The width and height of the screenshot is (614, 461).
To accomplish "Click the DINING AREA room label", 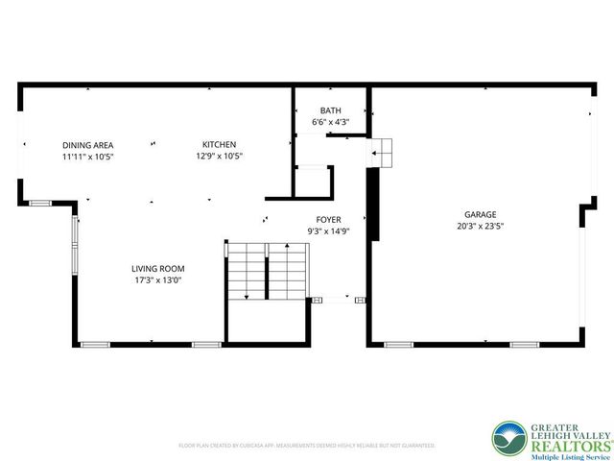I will [x=88, y=144].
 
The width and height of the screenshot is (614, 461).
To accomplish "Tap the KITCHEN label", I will [x=219, y=144].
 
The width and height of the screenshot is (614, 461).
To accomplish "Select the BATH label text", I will [x=330, y=111].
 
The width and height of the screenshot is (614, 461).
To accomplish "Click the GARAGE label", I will [x=481, y=216].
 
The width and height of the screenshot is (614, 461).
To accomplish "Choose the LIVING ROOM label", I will [x=158, y=269].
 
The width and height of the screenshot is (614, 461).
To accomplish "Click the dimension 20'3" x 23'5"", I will [x=481, y=228].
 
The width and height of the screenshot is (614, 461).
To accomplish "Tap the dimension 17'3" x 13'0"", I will [x=158, y=280].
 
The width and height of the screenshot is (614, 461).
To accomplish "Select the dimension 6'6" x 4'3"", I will [x=330, y=122].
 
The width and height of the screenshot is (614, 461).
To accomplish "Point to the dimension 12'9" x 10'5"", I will [x=219, y=156].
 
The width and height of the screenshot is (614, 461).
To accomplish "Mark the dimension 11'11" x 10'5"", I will [x=88, y=156].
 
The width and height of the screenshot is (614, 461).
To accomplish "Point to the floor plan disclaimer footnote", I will [x=307, y=446].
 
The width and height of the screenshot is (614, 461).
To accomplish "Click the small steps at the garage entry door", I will [x=384, y=150].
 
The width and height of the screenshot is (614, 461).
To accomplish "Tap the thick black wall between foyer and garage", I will [x=374, y=205].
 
